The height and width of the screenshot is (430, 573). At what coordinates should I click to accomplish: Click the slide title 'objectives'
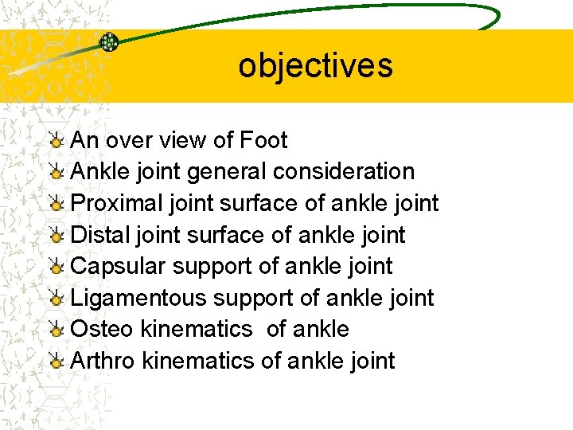coord(315,66)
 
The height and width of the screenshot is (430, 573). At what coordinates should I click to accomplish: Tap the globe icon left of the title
coord(109,42)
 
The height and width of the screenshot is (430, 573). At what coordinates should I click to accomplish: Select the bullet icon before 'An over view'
coord(56,142)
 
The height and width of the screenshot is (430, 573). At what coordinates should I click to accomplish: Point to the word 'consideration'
coord(344,172)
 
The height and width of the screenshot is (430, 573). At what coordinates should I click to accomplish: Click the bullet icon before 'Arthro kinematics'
coord(56,362)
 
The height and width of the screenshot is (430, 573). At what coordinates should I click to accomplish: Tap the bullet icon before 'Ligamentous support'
coord(56,299)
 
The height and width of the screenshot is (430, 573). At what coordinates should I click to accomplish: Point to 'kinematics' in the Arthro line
coord(198,361)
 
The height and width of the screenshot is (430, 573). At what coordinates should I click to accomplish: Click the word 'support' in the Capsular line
coord(220,267)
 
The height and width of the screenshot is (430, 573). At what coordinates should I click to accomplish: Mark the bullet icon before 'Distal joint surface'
coord(56,236)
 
